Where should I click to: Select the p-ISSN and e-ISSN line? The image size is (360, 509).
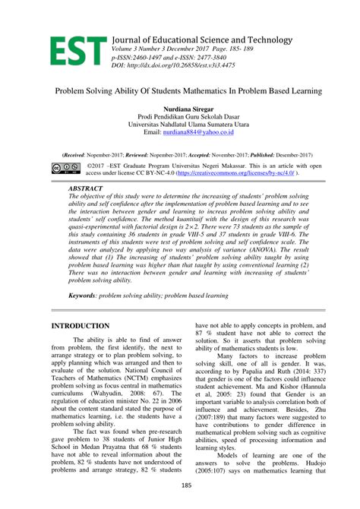click(178, 57)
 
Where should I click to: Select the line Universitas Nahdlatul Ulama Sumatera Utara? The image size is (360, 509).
click(179, 125)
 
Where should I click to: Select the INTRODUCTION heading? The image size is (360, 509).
click(80, 325)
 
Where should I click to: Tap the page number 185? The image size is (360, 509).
click(180, 484)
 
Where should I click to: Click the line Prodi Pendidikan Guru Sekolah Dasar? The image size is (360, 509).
click(179, 117)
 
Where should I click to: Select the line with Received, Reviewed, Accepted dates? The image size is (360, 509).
click(179, 154)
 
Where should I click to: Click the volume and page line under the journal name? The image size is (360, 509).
click(182, 49)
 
